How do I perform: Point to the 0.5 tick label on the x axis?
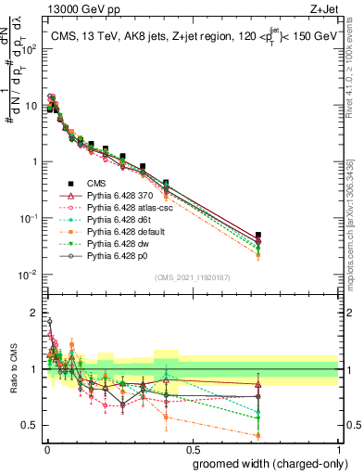[x=191, y=449]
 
